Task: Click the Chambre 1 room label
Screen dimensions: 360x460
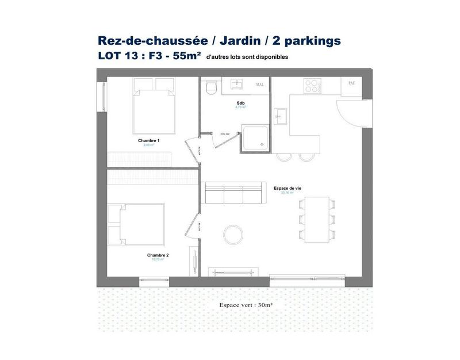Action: pos(148,140)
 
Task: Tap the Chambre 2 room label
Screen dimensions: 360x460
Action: pos(157,255)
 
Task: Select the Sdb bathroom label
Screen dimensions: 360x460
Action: pos(240,103)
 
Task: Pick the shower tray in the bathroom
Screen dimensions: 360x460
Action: pos(254,136)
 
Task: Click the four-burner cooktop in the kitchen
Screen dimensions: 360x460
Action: pos(312,86)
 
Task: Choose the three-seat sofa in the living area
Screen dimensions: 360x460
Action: pos(232,194)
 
